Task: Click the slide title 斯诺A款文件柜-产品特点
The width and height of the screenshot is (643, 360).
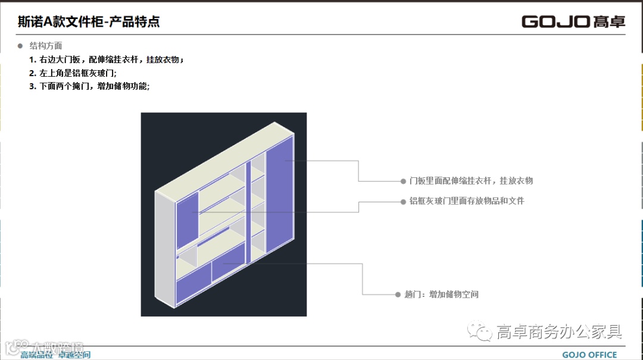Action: pyautogui.click(x=89, y=22)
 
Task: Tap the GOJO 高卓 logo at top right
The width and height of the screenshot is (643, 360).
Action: pyautogui.click(x=573, y=21)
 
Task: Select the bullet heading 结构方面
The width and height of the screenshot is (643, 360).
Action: pyautogui.click(x=46, y=46)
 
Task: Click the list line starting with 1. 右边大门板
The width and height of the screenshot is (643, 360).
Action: pyautogui.click(x=107, y=60)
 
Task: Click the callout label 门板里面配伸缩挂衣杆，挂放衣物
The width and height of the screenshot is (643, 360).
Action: pyautogui.click(x=471, y=180)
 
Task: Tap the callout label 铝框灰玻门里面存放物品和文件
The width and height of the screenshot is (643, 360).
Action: pyautogui.click(x=467, y=201)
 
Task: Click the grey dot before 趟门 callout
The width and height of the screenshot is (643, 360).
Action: pyautogui.click(x=398, y=294)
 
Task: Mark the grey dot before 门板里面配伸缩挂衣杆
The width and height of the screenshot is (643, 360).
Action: pyautogui.click(x=404, y=180)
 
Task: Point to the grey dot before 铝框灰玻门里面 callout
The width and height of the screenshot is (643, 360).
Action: pyautogui.click(x=404, y=201)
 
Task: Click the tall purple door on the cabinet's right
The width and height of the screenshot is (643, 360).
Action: pyautogui.click(x=279, y=199)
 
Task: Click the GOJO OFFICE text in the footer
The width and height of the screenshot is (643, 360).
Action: pyautogui.click(x=589, y=355)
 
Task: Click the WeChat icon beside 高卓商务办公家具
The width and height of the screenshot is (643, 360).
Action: pyautogui.click(x=479, y=331)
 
